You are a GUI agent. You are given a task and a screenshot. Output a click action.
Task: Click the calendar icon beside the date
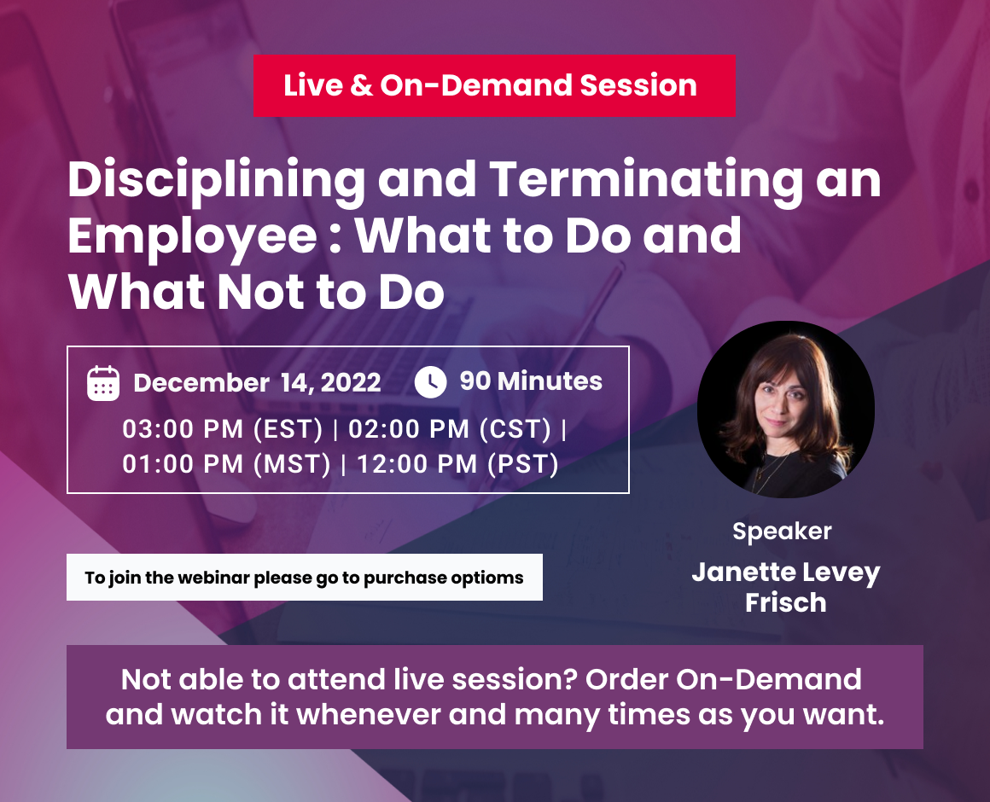pos(103,383)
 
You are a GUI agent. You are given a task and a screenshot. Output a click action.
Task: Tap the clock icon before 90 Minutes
pos(431,381)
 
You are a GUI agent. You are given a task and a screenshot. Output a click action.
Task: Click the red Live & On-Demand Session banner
pos(494,86)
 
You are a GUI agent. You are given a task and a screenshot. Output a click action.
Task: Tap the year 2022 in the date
pos(351,382)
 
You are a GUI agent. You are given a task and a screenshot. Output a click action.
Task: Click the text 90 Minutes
pos(531,381)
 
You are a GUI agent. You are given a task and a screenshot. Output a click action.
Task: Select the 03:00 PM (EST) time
pos(222,429)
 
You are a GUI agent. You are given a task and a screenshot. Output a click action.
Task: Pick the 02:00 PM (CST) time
pos(450,429)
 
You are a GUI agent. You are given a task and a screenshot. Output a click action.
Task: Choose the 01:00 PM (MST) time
pos(226,464)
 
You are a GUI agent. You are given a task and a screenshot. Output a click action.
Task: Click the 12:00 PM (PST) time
pos(457,464)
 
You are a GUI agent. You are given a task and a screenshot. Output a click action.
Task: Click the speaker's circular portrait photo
pos(785,410)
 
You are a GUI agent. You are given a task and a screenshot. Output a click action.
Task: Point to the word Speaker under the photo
pos(782,532)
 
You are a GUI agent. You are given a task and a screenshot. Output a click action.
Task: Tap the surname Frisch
pos(785,602)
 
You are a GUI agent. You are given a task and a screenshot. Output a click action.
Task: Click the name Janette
pos(742,572)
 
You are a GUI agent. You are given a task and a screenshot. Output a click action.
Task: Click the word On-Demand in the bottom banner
pos(768,680)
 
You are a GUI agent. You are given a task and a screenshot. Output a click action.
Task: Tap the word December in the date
pos(201,383)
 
